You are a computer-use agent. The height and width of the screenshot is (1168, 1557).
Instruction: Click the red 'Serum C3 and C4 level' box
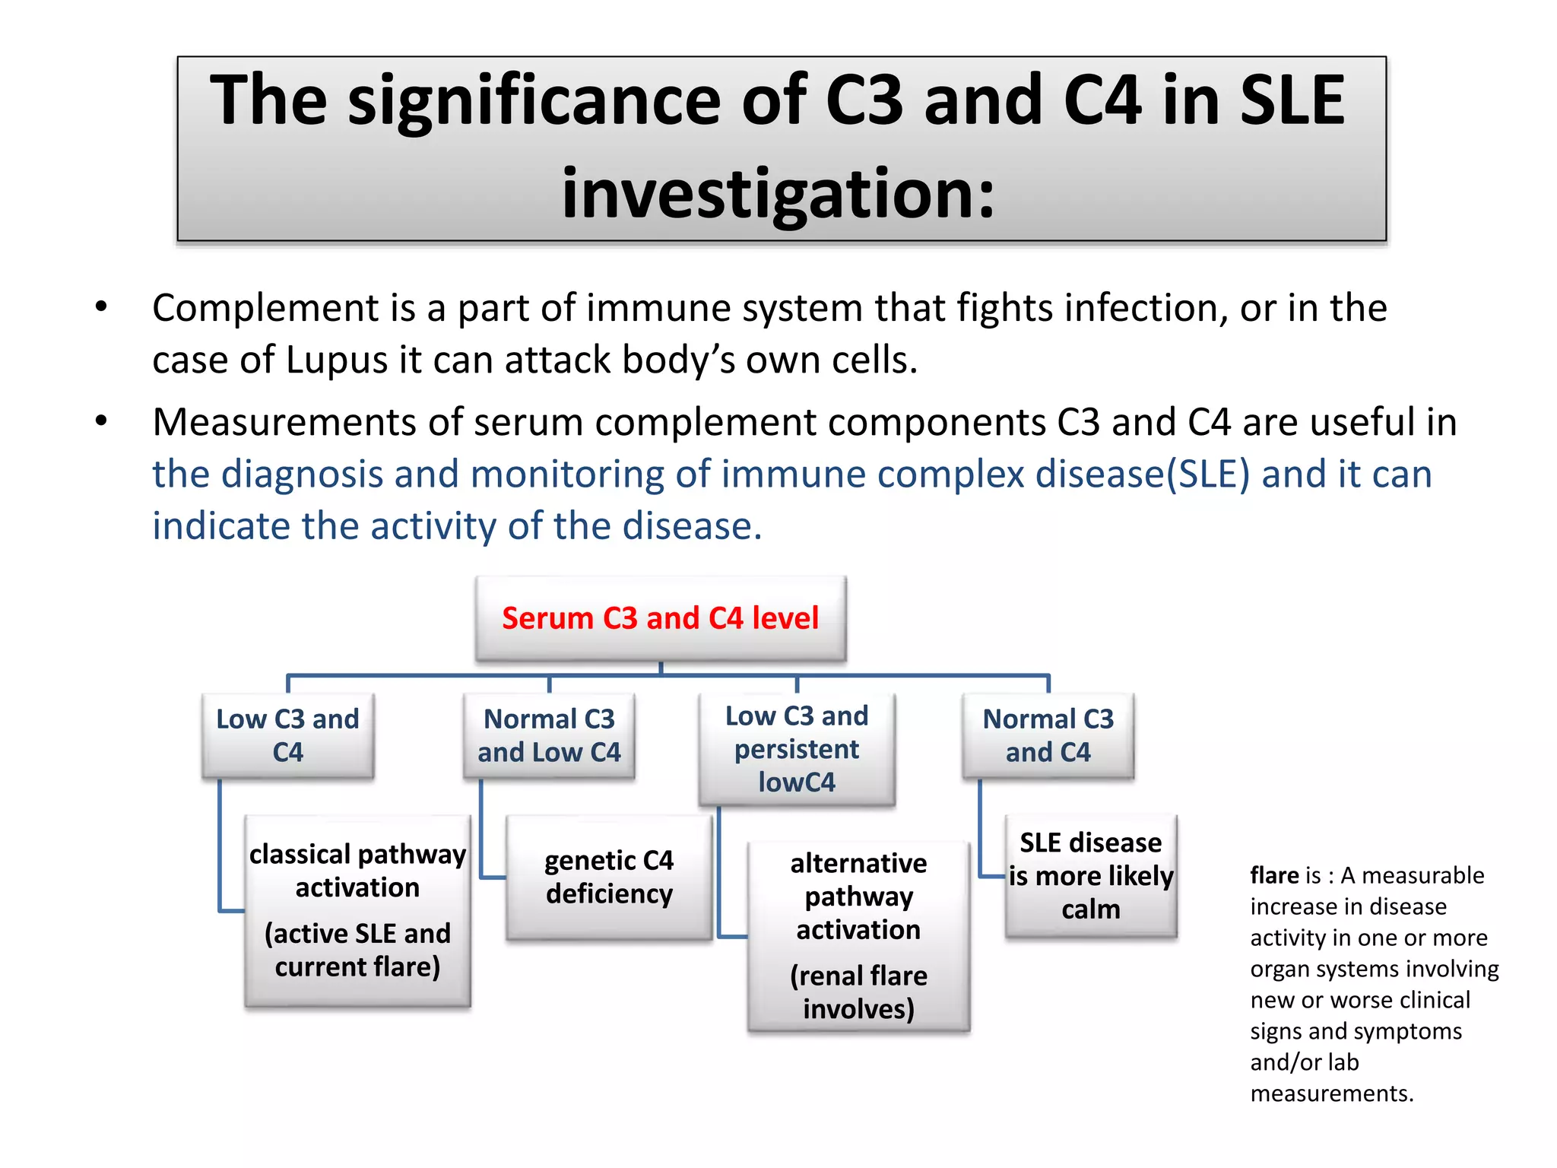tap(660, 618)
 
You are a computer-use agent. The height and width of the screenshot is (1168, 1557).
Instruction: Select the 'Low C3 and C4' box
tap(287, 735)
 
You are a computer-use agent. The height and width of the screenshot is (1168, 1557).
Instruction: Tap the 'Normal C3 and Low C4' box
tap(549, 735)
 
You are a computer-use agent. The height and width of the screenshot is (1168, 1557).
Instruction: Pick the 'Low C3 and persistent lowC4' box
tap(796, 749)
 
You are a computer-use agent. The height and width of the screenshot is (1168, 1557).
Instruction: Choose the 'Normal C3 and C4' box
tap(1048, 735)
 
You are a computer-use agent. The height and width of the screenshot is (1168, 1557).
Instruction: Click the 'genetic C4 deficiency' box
tap(609, 877)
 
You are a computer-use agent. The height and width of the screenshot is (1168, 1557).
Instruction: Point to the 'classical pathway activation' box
tap(357, 871)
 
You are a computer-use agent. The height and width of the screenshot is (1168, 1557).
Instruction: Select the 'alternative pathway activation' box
tap(858, 897)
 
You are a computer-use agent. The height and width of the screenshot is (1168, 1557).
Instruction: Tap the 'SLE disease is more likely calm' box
tap(1090, 876)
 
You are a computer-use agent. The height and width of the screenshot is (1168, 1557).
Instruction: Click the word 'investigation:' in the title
tap(778, 193)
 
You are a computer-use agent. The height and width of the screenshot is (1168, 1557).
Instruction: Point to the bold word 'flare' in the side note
tap(1274, 875)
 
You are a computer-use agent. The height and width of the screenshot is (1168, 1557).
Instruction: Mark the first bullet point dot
tap(101, 307)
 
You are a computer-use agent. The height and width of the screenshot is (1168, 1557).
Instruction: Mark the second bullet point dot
tap(101, 421)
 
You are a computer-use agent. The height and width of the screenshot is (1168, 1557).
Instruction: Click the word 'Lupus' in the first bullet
tap(337, 360)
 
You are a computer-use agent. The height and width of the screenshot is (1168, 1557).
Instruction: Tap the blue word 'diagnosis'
tap(301, 474)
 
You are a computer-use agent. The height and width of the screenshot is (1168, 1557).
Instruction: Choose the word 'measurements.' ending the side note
tap(1332, 1093)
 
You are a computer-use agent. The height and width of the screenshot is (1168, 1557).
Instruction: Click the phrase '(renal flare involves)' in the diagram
tap(858, 992)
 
